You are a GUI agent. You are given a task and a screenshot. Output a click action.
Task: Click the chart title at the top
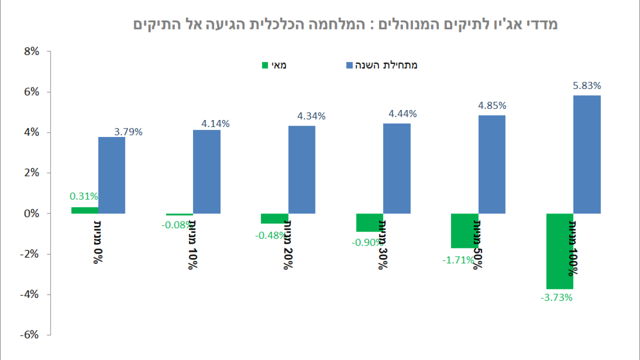pos(345,24)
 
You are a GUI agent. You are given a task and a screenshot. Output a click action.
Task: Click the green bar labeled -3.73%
pos(559,251)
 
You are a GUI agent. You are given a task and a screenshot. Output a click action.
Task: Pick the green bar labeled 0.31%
pos(84,210)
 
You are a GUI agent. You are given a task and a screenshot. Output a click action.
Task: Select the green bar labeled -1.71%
pos(464,230)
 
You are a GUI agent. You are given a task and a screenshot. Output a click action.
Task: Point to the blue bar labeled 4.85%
pos(491,164)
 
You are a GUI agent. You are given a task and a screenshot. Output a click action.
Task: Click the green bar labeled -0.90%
pos(369,222)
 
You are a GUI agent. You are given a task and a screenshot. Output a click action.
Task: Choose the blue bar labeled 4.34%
pos(301,169)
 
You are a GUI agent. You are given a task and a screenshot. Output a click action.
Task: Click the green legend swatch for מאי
pos(265,65)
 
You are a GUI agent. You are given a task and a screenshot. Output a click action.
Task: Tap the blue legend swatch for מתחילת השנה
pos(349,65)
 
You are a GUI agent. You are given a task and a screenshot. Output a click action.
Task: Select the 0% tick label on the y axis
pos(30,213)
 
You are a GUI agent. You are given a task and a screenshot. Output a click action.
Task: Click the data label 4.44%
pos(402,113)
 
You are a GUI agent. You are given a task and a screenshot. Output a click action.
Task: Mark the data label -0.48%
pos(270,235)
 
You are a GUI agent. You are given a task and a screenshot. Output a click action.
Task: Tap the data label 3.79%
pos(128,132)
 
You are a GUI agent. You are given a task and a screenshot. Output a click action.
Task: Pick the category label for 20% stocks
pos(287,244)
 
